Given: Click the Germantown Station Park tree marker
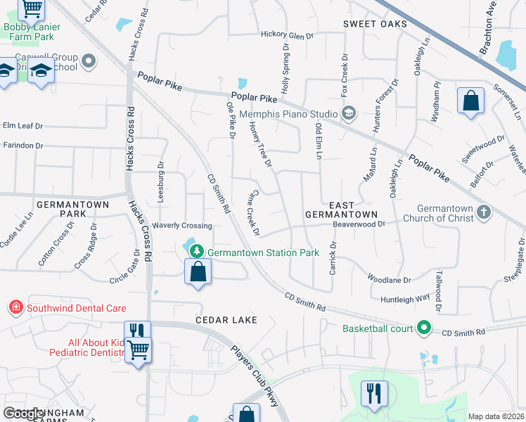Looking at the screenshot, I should click(198, 252).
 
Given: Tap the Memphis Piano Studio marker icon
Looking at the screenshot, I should click(348, 113).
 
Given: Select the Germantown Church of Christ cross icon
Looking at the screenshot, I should click(483, 212).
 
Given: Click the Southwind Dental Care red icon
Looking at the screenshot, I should click(15, 307).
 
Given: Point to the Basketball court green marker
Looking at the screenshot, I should click(423, 328).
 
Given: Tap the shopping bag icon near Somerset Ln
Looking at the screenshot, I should click(470, 101).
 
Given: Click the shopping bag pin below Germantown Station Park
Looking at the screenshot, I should click(198, 271).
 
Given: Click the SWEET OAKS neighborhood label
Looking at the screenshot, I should click(375, 24).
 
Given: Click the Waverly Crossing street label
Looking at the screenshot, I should click(184, 226).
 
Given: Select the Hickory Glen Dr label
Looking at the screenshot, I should click(286, 35).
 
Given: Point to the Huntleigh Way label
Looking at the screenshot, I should click(404, 298).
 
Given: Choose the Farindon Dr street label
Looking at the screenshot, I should click(23, 146).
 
